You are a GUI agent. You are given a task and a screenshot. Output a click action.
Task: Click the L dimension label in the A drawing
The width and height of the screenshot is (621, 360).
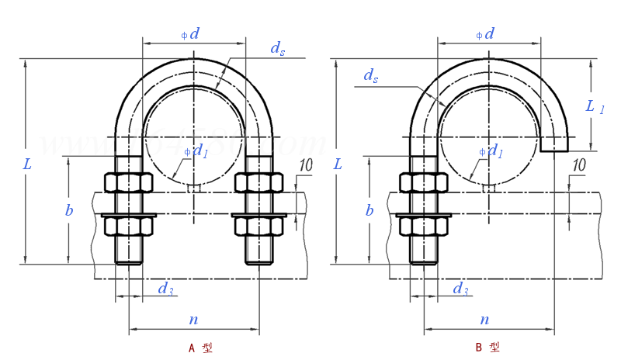click(28, 164)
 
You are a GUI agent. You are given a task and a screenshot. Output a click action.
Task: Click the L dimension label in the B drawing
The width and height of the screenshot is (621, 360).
click(337, 164)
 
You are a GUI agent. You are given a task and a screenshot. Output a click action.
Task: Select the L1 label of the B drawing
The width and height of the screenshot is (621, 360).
click(596, 108)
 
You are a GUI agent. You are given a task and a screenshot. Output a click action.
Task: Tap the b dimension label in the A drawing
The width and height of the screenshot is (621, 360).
click(70, 210)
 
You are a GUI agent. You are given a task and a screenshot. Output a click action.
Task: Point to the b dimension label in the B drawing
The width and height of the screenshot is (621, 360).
click(369, 210)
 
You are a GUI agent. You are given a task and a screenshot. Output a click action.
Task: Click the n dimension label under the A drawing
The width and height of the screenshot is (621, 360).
click(193, 319)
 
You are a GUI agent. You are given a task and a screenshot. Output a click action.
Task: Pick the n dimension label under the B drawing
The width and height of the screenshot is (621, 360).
click(484, 319)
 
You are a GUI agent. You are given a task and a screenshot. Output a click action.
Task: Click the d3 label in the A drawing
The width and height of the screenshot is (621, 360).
click(165, 289)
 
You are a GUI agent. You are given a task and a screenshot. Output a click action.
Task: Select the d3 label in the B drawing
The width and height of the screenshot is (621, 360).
click(460, 289)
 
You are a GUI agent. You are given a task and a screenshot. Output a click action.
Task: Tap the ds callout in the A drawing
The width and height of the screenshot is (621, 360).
click(277, 48)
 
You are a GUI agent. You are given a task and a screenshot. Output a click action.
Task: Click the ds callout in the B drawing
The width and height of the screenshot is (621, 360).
click(371, 76)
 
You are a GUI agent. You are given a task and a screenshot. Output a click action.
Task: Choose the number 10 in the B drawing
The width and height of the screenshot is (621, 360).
click(578, 164)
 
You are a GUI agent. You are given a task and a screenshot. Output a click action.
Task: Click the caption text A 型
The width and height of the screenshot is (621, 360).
click(200, 348)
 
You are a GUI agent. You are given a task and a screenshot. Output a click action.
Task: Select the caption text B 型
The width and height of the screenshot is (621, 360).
click(487, 348)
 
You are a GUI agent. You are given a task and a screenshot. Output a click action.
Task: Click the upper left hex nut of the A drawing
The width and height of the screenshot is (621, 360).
click(128, 182)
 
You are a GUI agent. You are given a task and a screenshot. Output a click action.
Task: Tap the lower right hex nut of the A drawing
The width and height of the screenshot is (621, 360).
click(259, 226)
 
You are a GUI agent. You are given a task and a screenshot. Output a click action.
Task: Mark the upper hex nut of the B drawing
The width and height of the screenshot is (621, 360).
click(424, 182)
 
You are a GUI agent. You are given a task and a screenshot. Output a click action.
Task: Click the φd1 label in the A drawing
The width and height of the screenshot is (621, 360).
click(197, 151)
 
